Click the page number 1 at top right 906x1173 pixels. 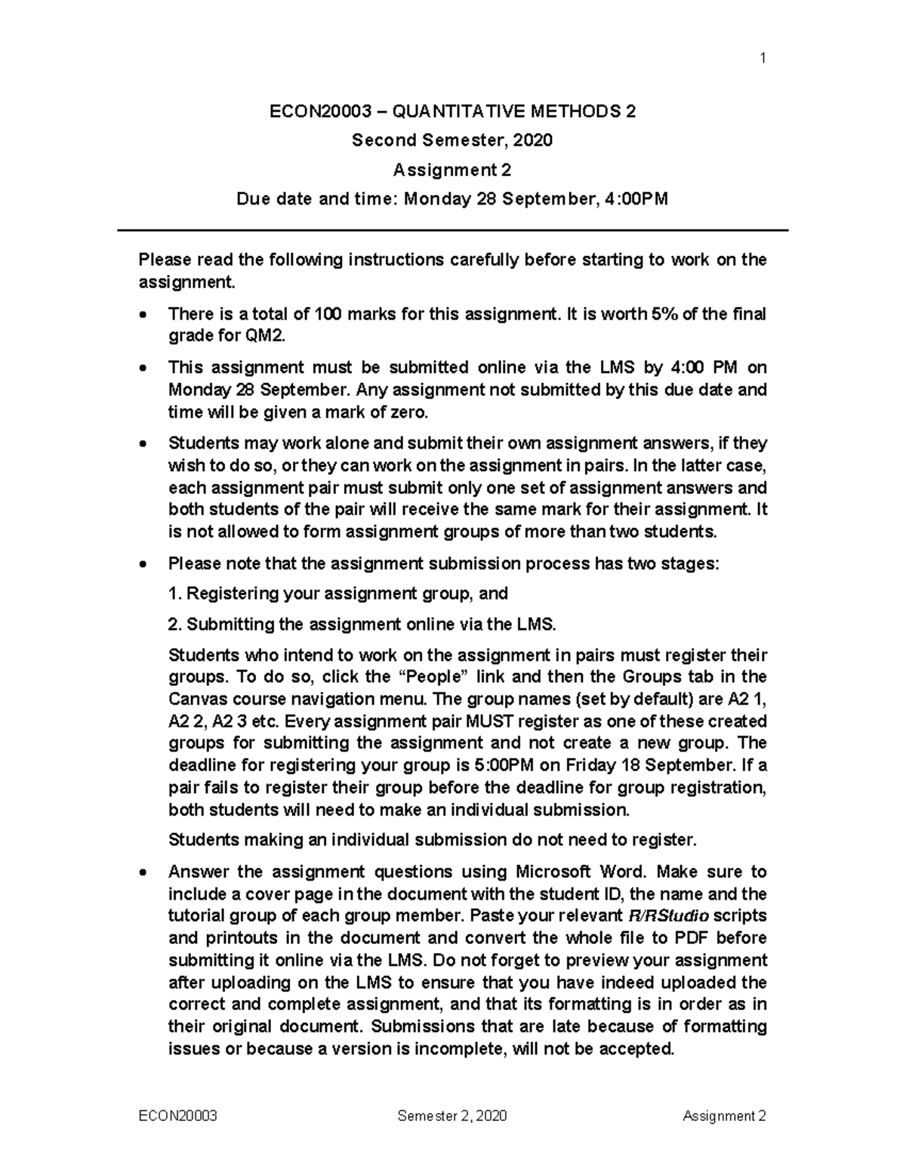pyautogui.click(x=763, y=58)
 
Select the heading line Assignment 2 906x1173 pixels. pyautogui.click(x=452, y=170)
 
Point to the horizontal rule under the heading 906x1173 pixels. pyautogui.click(x=452, y=230)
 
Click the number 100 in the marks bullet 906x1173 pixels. pyautogui.click(x=327, y=313)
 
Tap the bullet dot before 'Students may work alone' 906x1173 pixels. pyautogui.click(x=143, y=444)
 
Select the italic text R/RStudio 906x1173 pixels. pyautogui.click(x=668, y=915)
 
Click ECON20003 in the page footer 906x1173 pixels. pyautogui.click(x=178, y=1116)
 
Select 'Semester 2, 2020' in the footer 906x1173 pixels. pyautogui.click(x=452, y=1116)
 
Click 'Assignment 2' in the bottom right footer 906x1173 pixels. pyautogui.click(x=724, y=1116)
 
